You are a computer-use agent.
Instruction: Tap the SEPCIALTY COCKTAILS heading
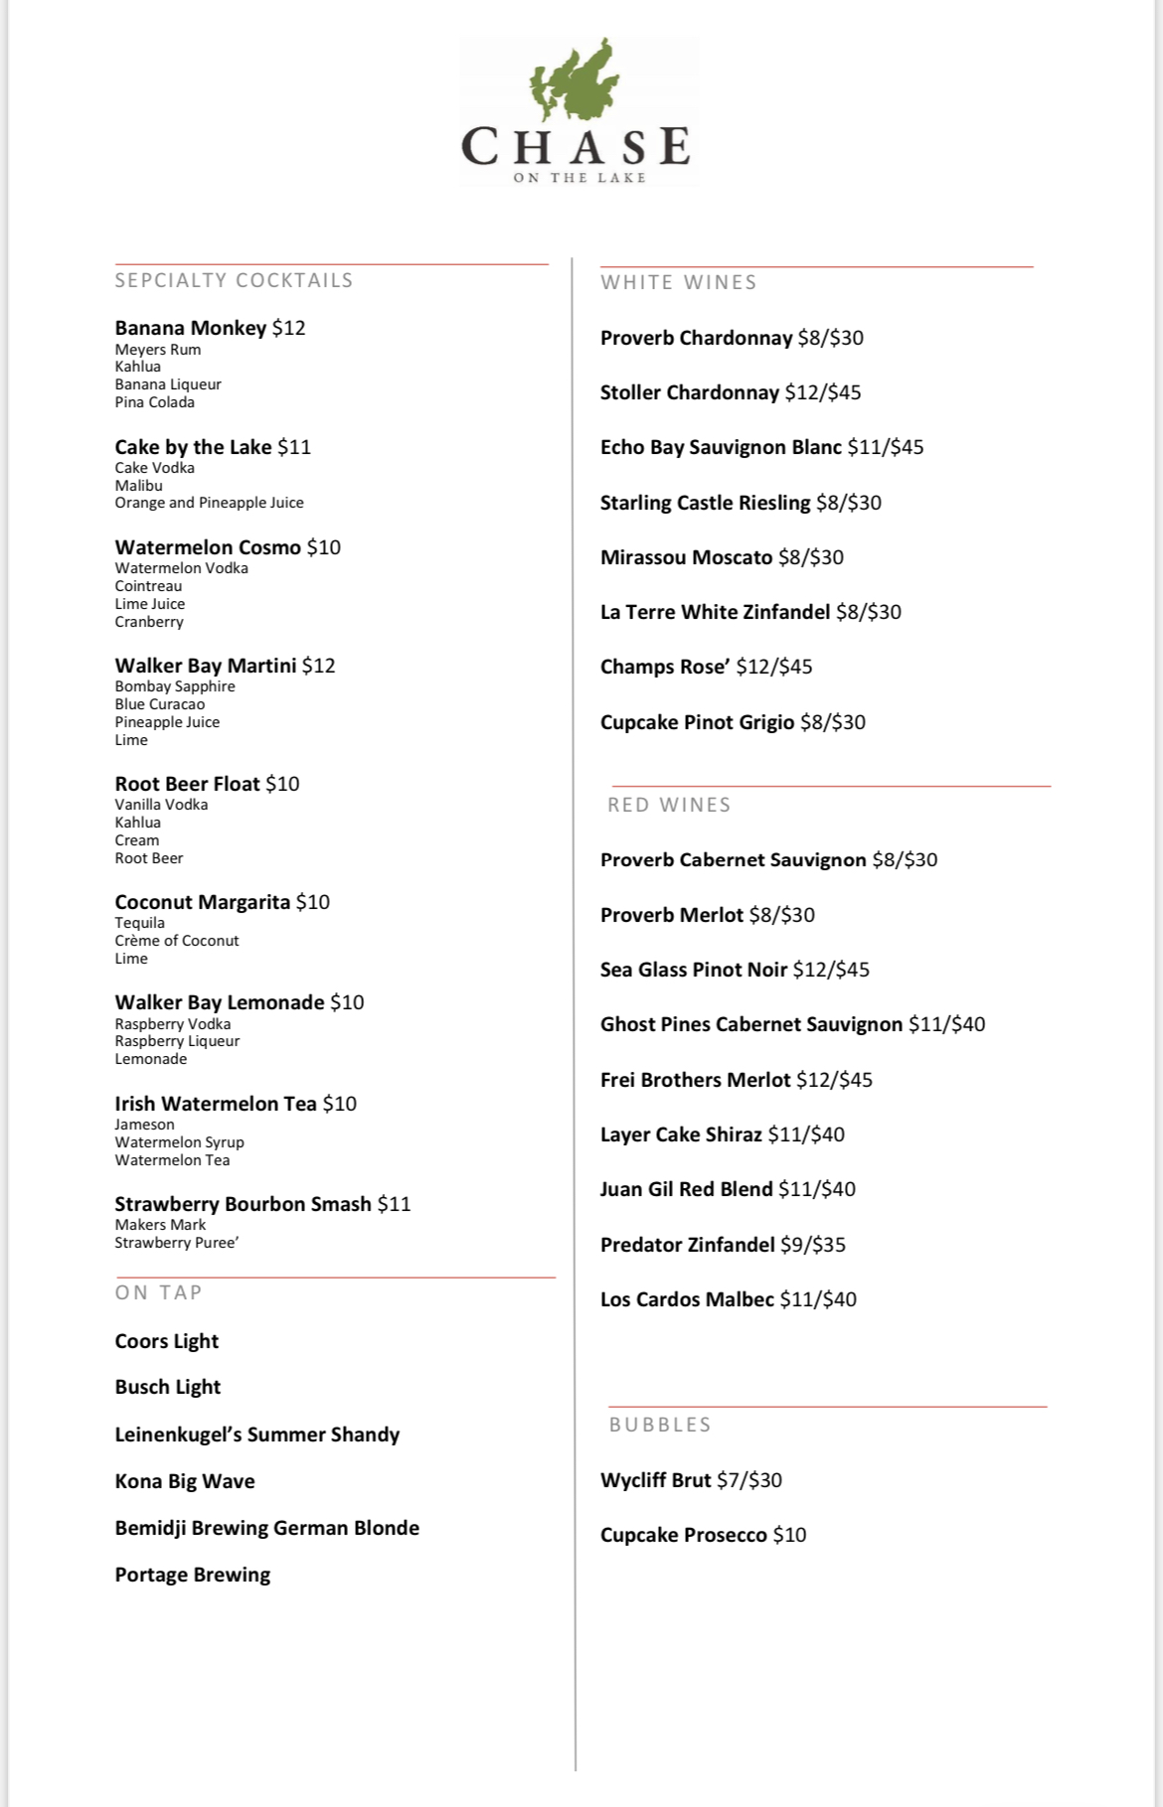(x=234, y=280)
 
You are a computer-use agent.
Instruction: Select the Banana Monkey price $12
(x=288, y=328)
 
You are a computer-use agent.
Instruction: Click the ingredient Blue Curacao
(x=159, y=704)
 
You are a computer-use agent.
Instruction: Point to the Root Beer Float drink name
(x=187, y=784)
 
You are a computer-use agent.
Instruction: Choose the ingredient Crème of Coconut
(x=177, y=941)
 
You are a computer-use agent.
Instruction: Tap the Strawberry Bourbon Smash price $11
(x=394, y=1204)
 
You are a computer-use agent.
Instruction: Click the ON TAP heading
(x=158, y=1292)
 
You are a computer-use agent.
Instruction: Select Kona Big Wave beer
(x=185, y=1481)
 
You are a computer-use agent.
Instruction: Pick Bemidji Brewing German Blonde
(x=266, y=1528)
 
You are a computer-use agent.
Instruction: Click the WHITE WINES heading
(x=678, y=282)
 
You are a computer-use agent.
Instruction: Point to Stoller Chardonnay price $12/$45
(x=823, y=392)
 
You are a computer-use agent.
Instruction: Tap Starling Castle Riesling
(x=705, y=503)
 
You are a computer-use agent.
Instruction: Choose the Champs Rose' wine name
(x=665, y=667)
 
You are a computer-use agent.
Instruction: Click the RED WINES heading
(x=669, y=805)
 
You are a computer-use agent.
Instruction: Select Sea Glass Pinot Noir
(x=693, y=970)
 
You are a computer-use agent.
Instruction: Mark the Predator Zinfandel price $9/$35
(x=813, y=1245)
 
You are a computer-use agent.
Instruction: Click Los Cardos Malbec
(x=687, y=1299)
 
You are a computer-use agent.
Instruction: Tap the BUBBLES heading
(x=660, y=1425)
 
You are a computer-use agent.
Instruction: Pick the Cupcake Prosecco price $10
(x=789, y=1535)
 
